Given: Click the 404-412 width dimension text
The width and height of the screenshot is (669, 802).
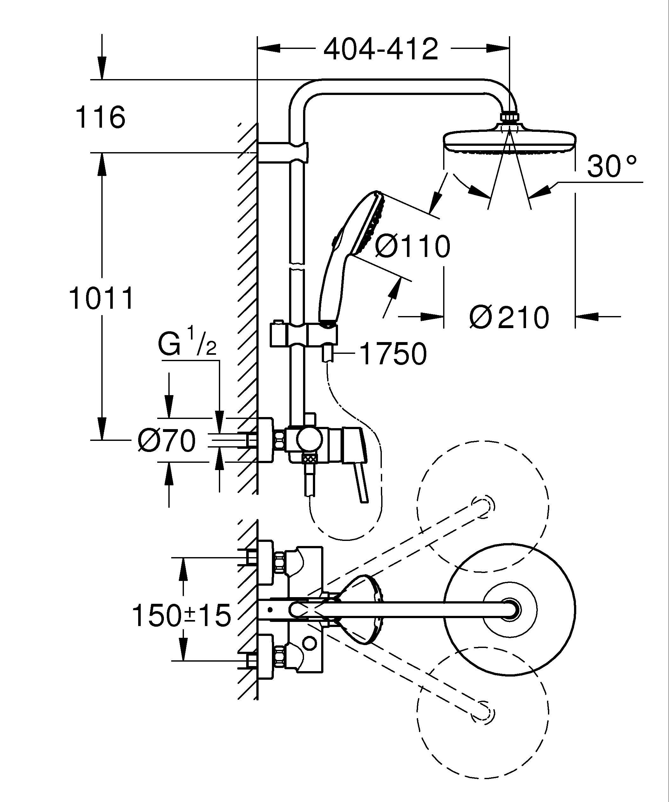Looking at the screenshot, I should pos(381,49).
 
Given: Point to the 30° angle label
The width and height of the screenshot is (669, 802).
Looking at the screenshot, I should pos(612,167).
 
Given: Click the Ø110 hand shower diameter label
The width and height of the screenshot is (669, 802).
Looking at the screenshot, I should pos(412,246).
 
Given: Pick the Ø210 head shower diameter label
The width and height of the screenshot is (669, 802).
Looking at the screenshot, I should pos(509,317).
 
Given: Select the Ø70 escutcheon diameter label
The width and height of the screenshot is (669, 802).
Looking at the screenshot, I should pos(166,441).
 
